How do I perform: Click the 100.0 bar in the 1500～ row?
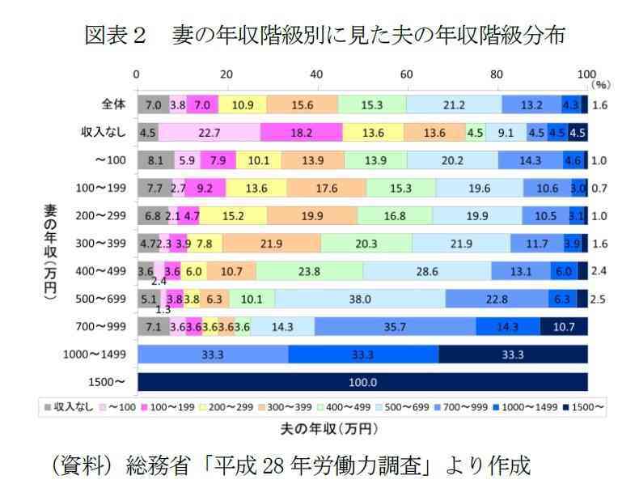[362, 382]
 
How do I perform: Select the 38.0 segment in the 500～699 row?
[360, 299]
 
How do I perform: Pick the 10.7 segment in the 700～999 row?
[564, 326]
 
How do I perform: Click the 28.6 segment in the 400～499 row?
[426, 271]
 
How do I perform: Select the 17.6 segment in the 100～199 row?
[325, 189]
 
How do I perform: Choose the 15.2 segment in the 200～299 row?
[233, 216]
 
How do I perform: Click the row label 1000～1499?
[95, 355]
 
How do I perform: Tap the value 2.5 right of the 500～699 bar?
[599, 299]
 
